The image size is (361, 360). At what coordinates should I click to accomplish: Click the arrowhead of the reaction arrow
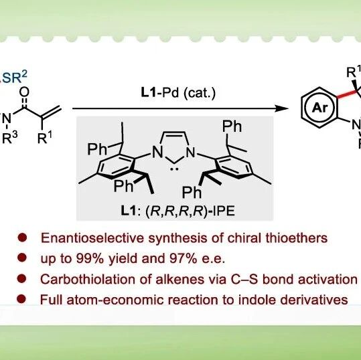pyautogui.click(x=282, y=108)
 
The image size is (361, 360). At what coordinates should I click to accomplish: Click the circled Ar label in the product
pyautogui.click(x=319, y=107)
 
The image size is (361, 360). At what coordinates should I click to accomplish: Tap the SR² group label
pyautogui.click(x=13, y=77)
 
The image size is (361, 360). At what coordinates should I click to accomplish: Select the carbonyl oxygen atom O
pyautogui.click(x=24, y=92)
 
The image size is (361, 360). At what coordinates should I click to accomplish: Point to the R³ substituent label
pyautogui.click(x=9, y=139)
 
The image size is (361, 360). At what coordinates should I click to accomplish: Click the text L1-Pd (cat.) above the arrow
pyautogui.click(x=178, y=92)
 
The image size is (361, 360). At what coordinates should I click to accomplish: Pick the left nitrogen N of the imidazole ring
pyautogui.click(x=157, y=152)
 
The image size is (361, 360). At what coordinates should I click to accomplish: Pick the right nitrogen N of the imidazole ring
pyautogui.click(x=190, y=152)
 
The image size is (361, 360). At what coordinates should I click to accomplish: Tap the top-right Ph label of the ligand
pyautogui.click(x=232, y=126)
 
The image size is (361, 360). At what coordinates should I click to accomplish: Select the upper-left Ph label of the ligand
pyautogui.click(x=97, y=149)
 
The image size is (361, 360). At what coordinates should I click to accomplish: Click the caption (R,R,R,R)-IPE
pyautogui.click(x=190, y=211)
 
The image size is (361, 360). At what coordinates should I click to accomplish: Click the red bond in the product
pyautogui.click(x=348, y=94)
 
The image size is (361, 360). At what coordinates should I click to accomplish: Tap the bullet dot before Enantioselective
pyautogui.click(x=22, y=237)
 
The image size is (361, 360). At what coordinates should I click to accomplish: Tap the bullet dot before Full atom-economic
pyautogui.click(x=21, y=299)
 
